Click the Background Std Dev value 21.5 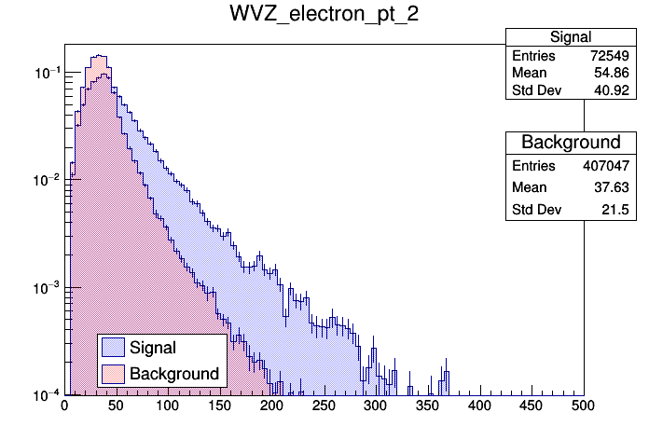pyautogui.click(x=569, y=211)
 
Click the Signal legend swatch pyautogui.click(x=114, y=348)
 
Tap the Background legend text pyautogui.click(x=174, y=374)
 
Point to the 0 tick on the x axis pyautogui.click(x=64, y=406)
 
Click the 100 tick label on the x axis pyautogui.click(x=168, y=406)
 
